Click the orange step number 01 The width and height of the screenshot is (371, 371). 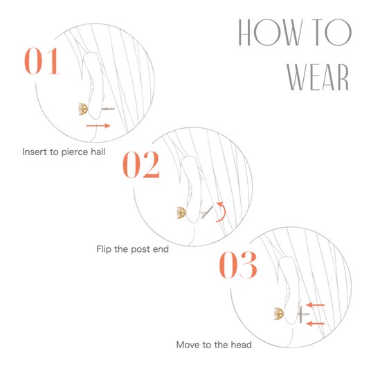click(x=42, y=61)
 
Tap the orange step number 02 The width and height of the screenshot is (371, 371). click(x=141, y=164)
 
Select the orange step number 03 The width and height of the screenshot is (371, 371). click(x=238, y=265)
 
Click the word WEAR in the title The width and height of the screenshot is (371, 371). click(x=318, y=77)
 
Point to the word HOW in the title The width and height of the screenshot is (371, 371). click(x=271, y=32)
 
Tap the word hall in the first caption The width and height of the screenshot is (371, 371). click(x=98, y=152)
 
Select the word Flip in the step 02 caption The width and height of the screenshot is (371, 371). click(x=104, y=249)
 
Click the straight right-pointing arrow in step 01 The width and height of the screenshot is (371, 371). click(x=98, y=126)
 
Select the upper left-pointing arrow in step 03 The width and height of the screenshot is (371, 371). click(x=316, y=305)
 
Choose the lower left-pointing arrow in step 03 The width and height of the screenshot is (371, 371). click(x=316, y=323)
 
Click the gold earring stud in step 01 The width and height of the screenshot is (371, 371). click(x=83, y=109)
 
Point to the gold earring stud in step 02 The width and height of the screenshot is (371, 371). click(x=181, y=212)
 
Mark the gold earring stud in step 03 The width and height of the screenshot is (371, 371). click(x=279, y=314)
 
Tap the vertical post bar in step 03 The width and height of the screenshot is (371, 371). click(x=300, y=314)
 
